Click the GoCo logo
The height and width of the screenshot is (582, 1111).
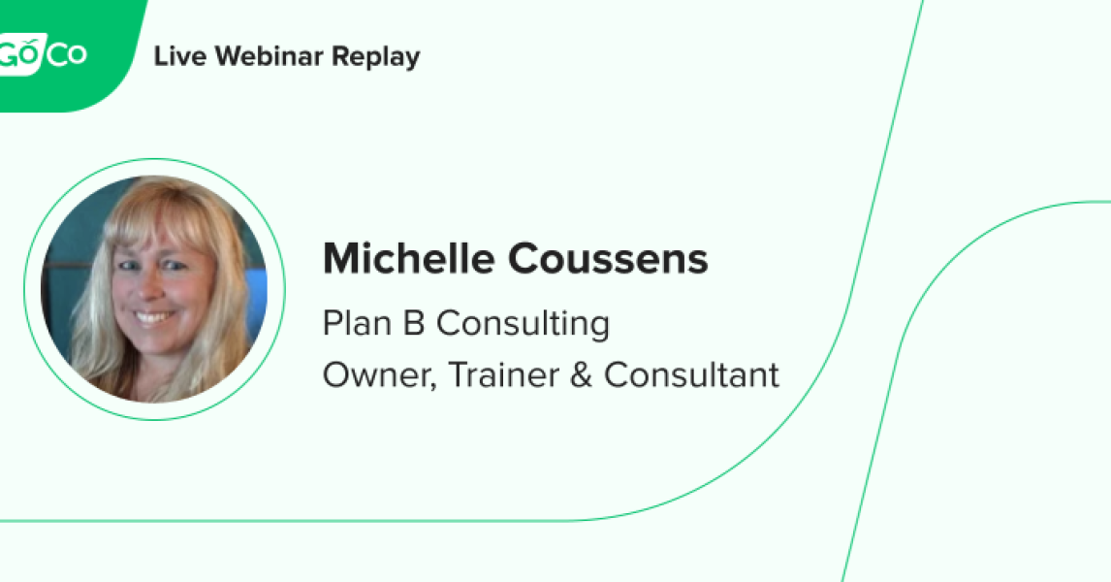tap(44, 54)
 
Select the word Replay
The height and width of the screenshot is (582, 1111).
tap(376, 57)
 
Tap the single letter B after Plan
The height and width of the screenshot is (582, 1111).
tap(413, 323)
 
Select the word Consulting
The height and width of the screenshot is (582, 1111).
tap(523, 324)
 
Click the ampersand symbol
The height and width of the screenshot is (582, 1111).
tap(582, 374)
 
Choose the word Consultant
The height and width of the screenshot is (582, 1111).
tap(691, 374)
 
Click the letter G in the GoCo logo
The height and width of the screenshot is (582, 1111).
tap(12, 54)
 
